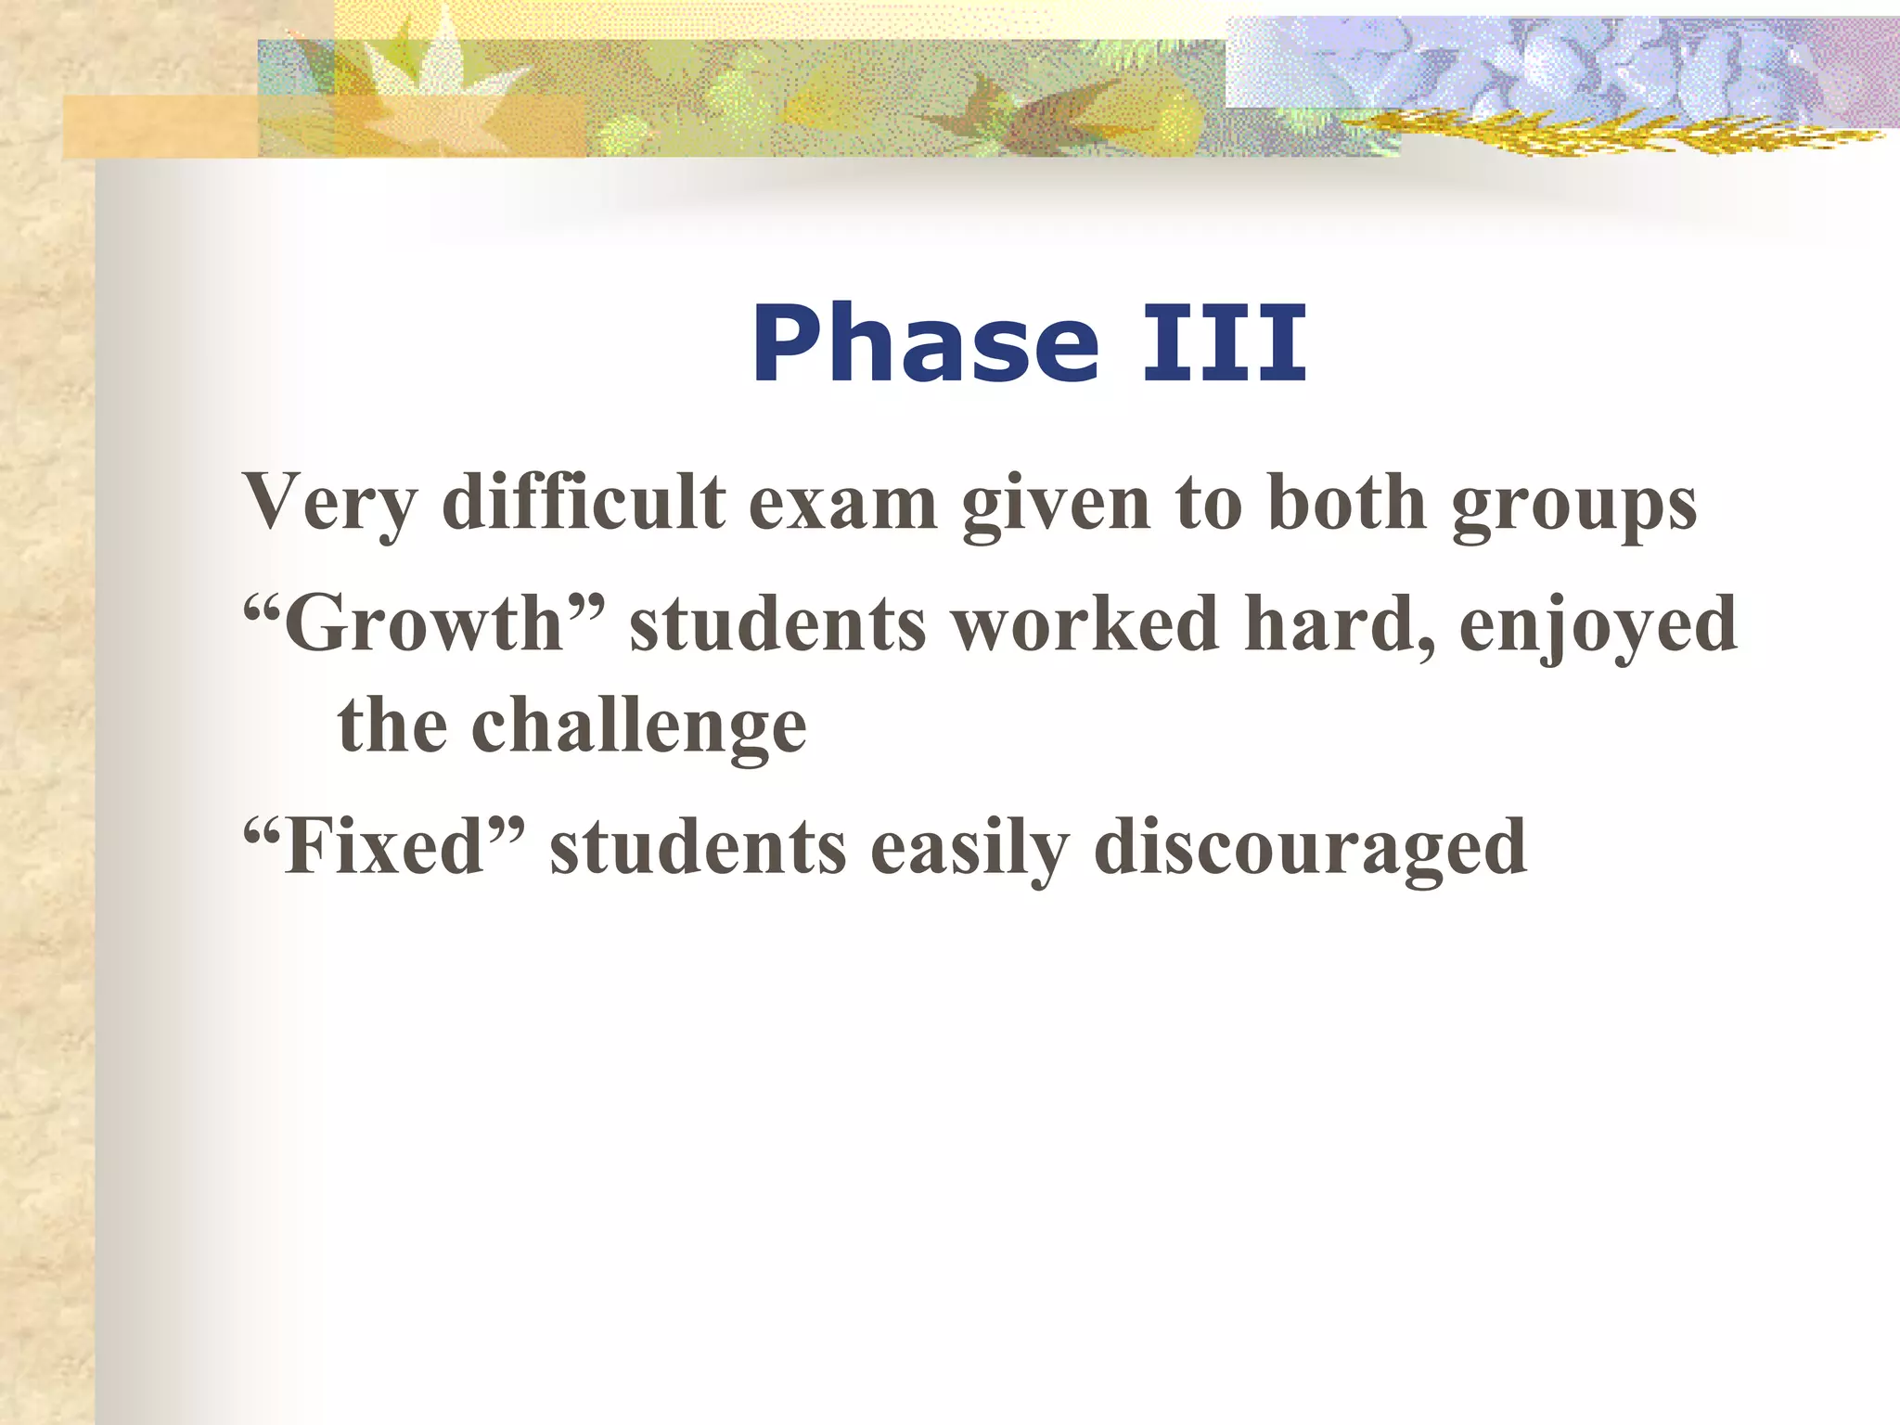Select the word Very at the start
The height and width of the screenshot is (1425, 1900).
point(329,504)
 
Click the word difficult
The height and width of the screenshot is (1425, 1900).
point(584,504)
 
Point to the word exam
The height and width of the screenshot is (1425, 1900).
point(842,504)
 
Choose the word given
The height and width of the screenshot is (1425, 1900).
point(1056,504)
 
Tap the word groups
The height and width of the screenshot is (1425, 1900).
point(1574,504)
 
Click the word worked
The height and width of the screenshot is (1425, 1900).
point(1085,624)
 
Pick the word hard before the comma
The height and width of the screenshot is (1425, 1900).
point(1331,624)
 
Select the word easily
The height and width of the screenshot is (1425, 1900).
point(969,847)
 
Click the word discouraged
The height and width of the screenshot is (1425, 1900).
point(1309,847)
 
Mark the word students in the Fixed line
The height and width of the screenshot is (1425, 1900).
point(698,847)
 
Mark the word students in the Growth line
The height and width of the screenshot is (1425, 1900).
point(777,624)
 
